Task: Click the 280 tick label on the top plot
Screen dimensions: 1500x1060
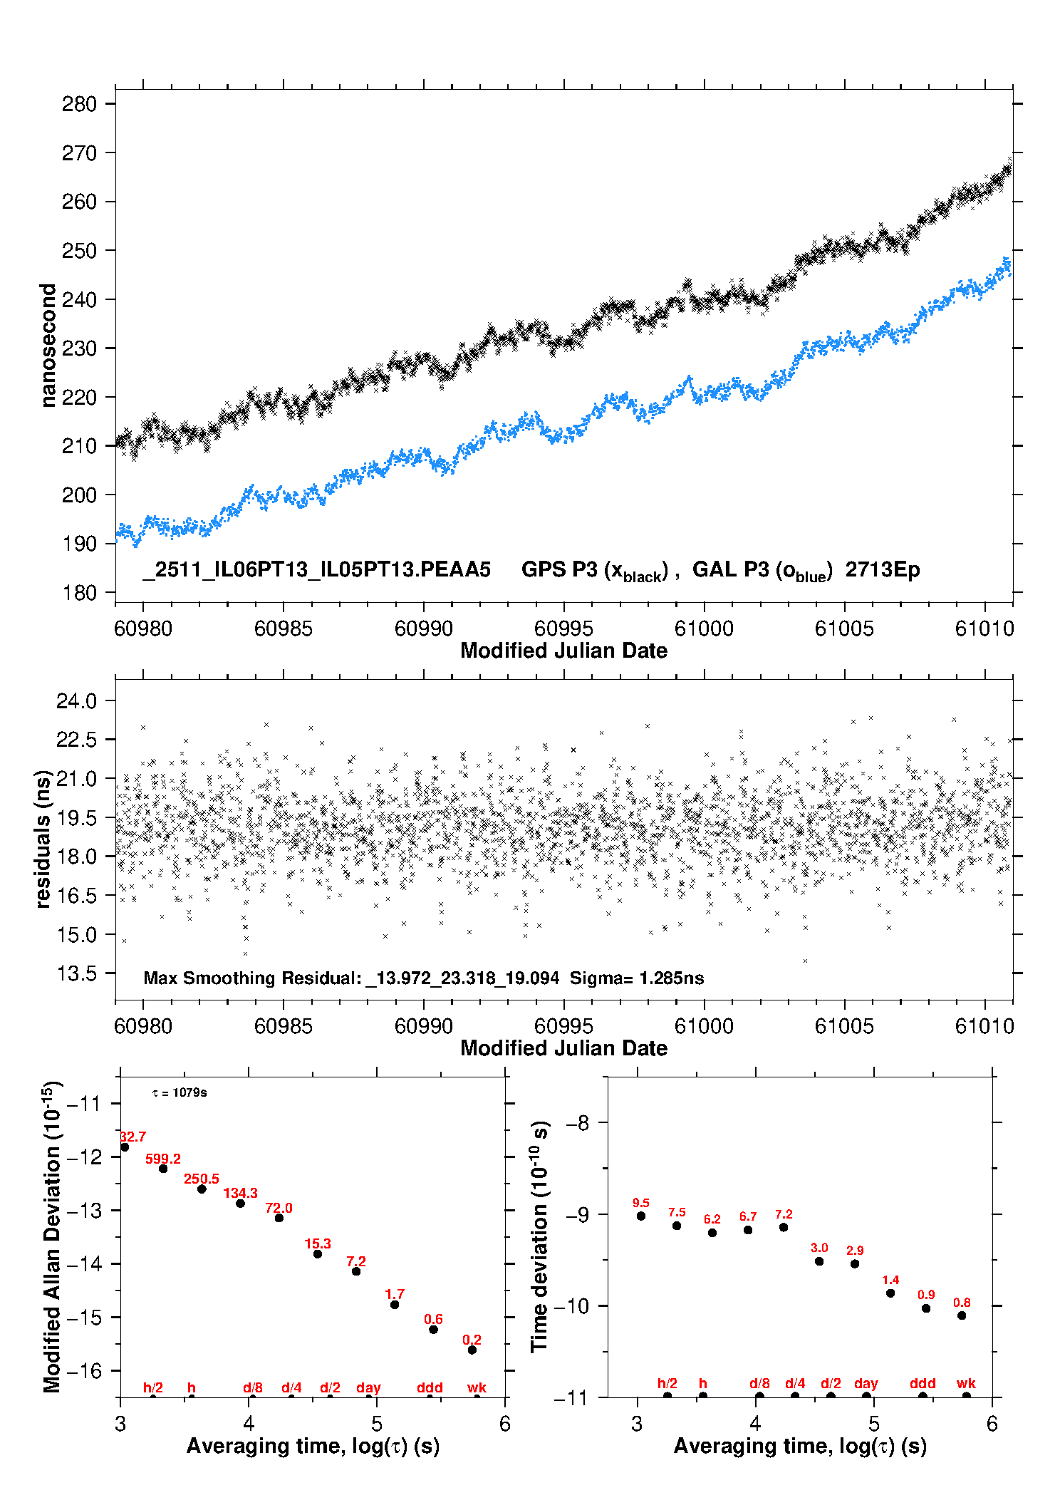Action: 79,104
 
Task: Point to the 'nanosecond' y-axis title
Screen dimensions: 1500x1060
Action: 48,346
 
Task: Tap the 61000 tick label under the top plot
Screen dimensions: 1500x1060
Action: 703,629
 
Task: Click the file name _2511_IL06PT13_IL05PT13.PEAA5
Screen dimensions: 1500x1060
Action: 316,569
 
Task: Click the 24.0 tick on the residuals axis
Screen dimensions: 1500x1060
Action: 76,701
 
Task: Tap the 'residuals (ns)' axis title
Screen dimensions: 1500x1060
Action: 43,839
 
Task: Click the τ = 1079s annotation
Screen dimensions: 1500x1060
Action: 180,1092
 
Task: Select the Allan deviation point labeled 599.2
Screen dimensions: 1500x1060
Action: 163,1168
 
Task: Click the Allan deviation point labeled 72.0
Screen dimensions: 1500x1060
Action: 279,1217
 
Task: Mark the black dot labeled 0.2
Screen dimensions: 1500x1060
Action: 472,1350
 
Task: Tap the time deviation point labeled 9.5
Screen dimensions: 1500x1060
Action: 641,1216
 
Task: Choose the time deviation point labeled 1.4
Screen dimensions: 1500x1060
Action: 890,1293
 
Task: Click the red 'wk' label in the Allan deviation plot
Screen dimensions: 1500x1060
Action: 477,1387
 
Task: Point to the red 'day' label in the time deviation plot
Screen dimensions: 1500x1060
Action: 866,1383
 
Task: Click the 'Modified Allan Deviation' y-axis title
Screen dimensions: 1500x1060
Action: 52,1236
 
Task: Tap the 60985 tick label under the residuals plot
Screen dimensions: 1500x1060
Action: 283,1026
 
